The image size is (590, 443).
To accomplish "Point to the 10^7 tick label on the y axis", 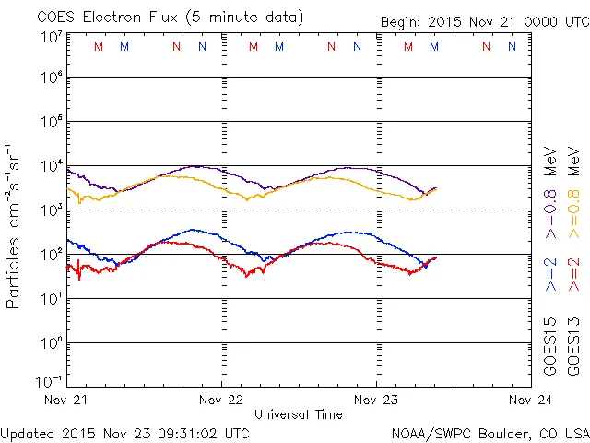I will coord(51,37).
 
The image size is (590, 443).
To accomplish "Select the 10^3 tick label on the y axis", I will coord(51,210).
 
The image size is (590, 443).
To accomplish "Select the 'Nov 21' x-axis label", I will coord(67,401).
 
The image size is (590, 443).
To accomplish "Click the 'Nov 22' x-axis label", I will coord(221,401).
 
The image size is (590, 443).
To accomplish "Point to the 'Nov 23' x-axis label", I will coord(376,401).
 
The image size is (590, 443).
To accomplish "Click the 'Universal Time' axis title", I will coord(298,414).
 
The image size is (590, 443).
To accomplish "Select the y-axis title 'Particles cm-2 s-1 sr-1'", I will coord(16,226).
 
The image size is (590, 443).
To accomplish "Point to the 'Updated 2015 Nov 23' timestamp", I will coord(124,432).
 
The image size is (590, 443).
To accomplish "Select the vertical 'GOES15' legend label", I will coord(550,346).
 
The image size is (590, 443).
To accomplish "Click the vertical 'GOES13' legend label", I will coord(572,346).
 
